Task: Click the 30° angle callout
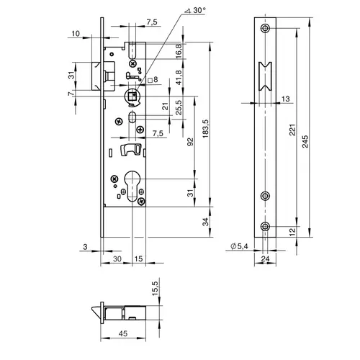(195, 11)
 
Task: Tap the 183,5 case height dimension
(206, 129)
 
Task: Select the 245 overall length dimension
(305, 141)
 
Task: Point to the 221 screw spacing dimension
(292, 130)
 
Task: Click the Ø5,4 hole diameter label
(239, 246)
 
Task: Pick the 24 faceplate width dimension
(265, 258)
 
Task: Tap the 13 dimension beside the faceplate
(285, 99)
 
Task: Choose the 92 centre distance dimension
(190, 142)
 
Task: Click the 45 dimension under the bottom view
(123, 333)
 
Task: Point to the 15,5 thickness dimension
(155, 288)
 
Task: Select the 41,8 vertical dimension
(179, 77)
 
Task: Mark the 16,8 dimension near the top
(179, 51)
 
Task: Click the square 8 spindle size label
(153, 79)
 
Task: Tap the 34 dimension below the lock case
(206, 222)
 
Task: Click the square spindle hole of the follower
(131, 96)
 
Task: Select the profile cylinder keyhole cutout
(132, 186)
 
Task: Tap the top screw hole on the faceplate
(265, 28)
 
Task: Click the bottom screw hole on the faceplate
(265, 226)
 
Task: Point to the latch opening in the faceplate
(265, 76)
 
